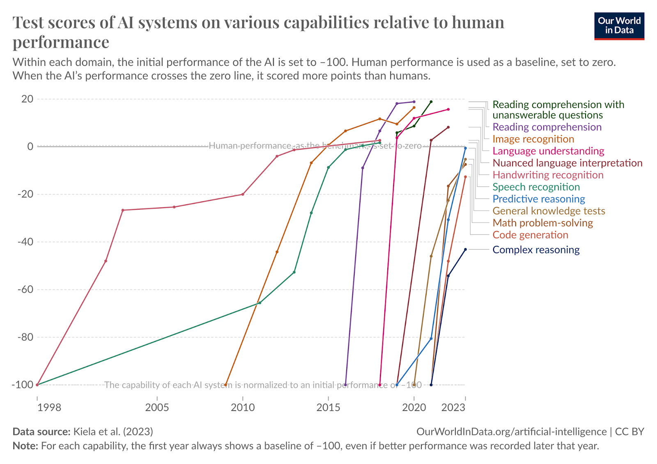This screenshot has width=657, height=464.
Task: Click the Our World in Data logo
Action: (619, 26)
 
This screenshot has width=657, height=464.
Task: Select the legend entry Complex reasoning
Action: (536, 250)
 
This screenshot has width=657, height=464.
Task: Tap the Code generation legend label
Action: (530, 235)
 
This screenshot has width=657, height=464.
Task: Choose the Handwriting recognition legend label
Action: (548, 175)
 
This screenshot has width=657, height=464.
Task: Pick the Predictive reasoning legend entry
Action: (538, 199)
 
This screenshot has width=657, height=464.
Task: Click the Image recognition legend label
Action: (533, 139)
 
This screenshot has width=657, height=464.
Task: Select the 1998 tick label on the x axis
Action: (49, 407)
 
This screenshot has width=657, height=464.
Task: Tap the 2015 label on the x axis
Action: (328, 407)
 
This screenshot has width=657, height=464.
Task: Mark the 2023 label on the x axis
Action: (453, 407)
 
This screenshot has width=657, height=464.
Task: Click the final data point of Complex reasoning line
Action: (465, 249)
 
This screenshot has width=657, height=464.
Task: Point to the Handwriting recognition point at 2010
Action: (243, 194)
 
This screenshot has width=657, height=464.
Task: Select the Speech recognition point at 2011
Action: (260, 303)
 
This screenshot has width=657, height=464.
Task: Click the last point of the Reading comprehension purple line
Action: (414, 101)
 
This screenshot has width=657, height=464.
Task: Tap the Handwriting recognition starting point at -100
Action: (37, 385)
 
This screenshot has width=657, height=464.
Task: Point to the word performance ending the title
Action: (61, 42)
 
